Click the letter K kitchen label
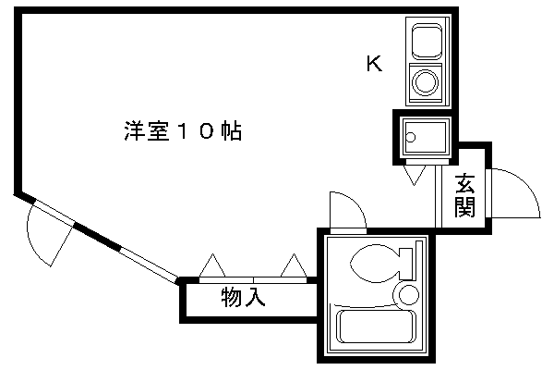(x=373, y=64)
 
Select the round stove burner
(x=427, y=81)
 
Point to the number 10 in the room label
(x=195, y=131)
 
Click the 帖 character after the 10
(x=231, y=131)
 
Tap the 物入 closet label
(x=244, y=298)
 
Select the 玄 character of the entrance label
(x=464, y=183)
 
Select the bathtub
(x=375, y=328)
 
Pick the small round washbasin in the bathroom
(x=405, y=295)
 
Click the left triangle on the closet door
(x=211, y=266)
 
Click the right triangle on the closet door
(x=295, y=266)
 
